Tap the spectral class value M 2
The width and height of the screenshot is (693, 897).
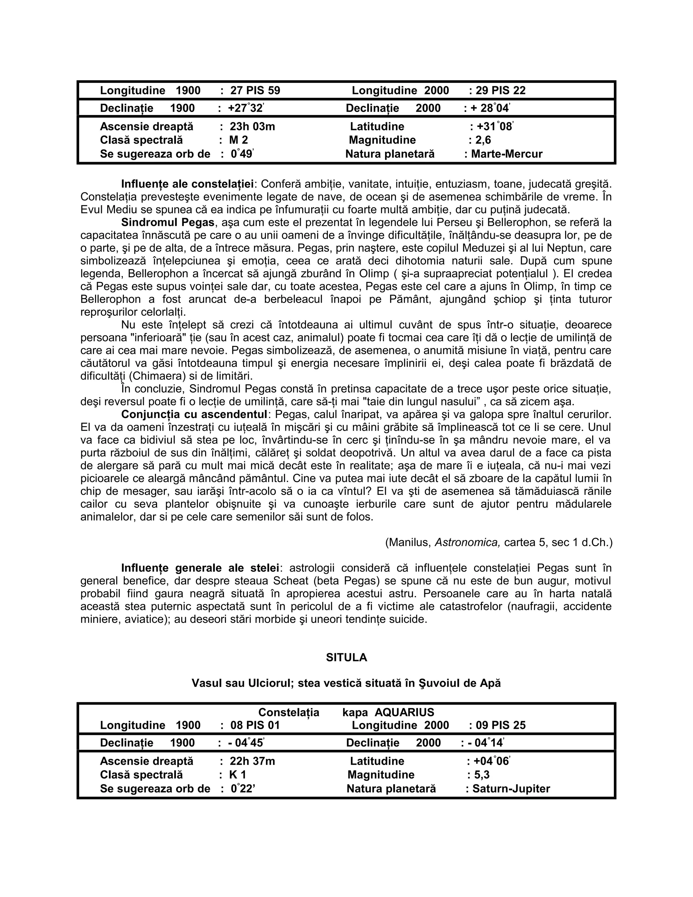coord(239,140)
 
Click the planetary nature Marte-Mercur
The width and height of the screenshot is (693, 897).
coord(507,154)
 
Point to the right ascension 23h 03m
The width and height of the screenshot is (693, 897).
coord(252,127)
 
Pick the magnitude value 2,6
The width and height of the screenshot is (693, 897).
coord(483,140)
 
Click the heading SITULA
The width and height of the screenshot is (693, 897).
coord(346,658)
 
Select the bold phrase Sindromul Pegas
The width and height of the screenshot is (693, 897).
coord(167,223)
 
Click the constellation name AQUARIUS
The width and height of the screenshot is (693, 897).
coord(404,712)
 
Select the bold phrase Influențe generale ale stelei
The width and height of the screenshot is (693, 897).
coord(200,568)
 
